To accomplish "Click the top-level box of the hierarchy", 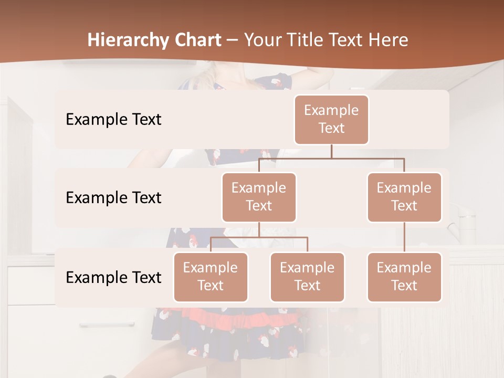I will point(331,119).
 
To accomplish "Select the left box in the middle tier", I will point(259,197).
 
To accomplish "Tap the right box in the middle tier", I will point(404,197).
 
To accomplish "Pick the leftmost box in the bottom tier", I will point(211,277).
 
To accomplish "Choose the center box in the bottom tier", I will point(307,277).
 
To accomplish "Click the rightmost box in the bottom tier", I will point(404,277).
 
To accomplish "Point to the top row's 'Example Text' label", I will point(113,119).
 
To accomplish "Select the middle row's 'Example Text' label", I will point(113,197).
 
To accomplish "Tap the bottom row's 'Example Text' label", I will point(113,277).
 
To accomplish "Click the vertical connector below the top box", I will point(331,151).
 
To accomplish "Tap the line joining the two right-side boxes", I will point(404,237).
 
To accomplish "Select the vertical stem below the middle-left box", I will point(259,229).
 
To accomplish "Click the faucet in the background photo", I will point(457,220).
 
